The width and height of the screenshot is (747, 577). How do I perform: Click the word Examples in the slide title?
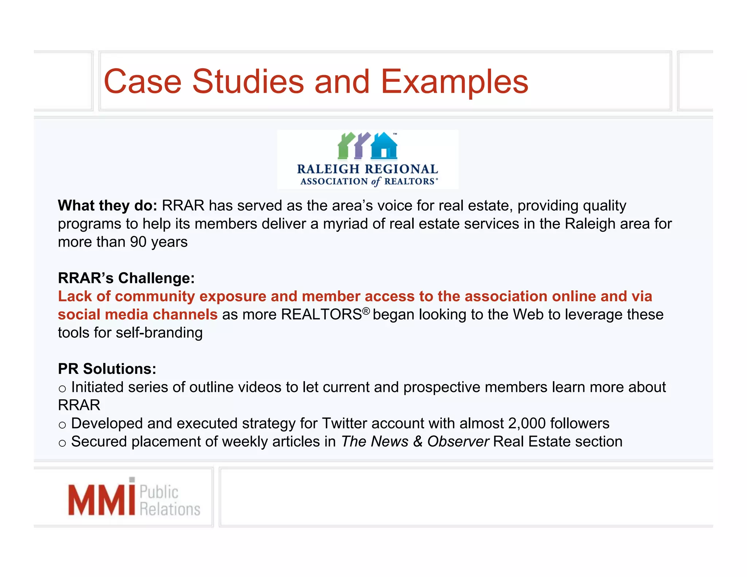pyautogui.click(x=454, y=82)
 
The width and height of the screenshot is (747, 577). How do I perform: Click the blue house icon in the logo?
pyautogui.click(x=384, y=146)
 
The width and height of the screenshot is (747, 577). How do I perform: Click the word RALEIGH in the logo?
pyautogui.click(x=328, y=169)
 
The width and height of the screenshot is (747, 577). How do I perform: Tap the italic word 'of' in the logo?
pyautogui.click(x=376, y=181)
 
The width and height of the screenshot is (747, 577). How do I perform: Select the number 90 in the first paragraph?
pyautogui.click(x=138, y=242)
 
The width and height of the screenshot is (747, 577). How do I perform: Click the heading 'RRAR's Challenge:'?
pyautogui.click(x=126, y=278)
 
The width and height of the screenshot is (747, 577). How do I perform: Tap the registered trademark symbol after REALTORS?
pyautogui.click(x=366, y=311)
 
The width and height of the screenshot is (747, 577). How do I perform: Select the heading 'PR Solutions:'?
pyautogui.click(x=107, y=369)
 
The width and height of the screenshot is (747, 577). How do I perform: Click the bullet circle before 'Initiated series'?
pyautogui.click(x=62, y=389)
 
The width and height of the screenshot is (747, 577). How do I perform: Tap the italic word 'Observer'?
pyautogui.click(x=458, y=442)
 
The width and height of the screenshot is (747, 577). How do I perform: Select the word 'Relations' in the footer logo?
pyautogui.click(x=170, y=509)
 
